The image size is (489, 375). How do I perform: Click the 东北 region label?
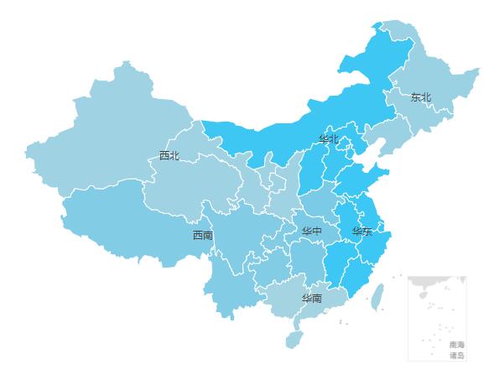tap(420, 97)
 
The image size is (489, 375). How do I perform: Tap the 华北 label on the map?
tap(329, 139)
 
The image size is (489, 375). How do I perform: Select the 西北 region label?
tap(169, 155)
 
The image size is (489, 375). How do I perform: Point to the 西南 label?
tap(202, 235)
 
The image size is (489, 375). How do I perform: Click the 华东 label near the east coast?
tap(362, 232)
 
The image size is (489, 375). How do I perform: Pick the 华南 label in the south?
tap(312, 299)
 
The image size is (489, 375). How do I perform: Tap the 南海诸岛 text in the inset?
tap(456, 350)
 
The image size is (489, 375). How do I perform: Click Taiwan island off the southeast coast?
tap(377, 295)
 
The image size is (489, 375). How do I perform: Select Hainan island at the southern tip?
tap(293, 339)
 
